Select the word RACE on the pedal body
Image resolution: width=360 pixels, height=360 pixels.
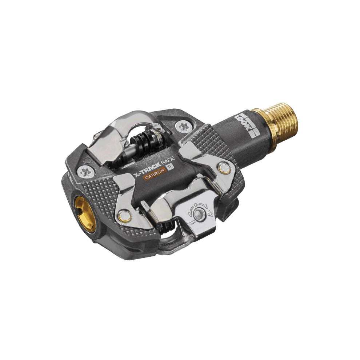(x=168, y=160)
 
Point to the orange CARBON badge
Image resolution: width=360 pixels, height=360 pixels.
(x=155, y=174)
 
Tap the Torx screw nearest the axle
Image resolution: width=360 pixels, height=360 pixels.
(x=184, y=127)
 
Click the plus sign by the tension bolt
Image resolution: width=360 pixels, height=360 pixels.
(x=210, y=214)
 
